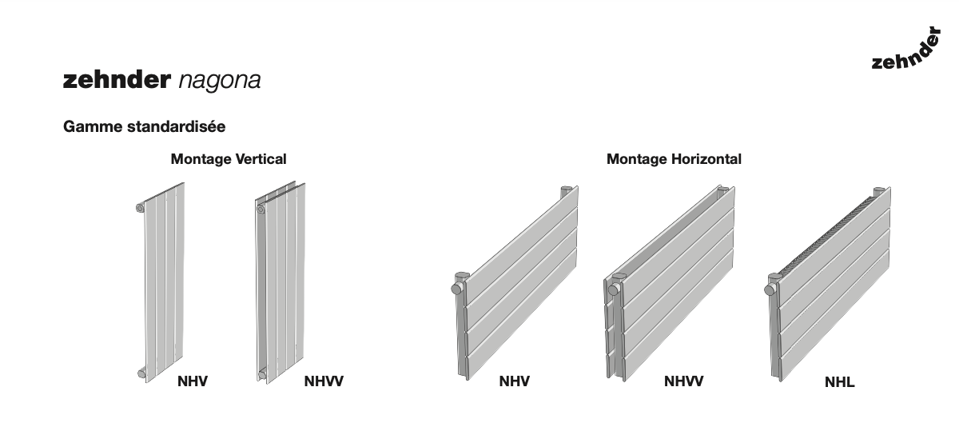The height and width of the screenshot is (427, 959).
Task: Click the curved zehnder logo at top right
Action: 907,50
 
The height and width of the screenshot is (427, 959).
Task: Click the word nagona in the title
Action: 220,81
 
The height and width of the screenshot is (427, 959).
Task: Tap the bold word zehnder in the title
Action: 117,79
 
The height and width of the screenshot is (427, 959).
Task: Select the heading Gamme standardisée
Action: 145,127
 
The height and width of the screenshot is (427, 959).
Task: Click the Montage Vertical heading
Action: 229,159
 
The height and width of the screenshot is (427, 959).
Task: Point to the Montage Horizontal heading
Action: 674,159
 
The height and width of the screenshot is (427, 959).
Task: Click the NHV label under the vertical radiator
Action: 193,381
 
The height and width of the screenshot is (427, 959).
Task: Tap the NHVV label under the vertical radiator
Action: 324,381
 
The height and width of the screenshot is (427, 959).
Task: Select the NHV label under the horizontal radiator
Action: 514,381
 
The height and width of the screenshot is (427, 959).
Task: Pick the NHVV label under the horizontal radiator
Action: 683,381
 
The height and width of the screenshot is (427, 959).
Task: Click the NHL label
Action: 840,382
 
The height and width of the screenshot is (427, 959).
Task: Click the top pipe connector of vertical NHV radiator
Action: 140,208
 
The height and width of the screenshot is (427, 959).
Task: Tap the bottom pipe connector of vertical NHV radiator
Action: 141,373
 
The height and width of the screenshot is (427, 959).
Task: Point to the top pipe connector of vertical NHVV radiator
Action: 261,210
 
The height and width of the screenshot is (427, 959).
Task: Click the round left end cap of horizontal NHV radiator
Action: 456,289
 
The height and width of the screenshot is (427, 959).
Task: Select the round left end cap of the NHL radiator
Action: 770,290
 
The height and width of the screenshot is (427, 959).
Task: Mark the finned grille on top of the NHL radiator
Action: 826,235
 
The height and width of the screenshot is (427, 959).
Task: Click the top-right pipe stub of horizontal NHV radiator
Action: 566,191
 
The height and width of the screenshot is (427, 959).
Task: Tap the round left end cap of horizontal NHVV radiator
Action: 614,290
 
